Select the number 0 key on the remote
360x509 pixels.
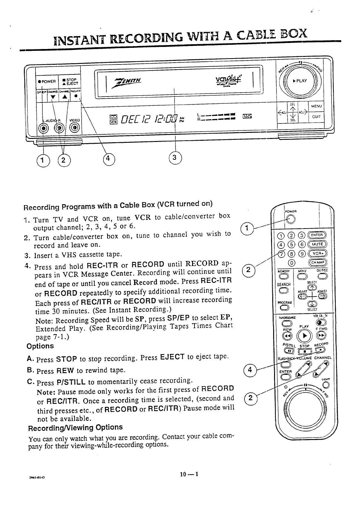point(292,262)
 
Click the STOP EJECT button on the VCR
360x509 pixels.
point(69,81)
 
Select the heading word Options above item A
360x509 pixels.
point(40,346)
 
